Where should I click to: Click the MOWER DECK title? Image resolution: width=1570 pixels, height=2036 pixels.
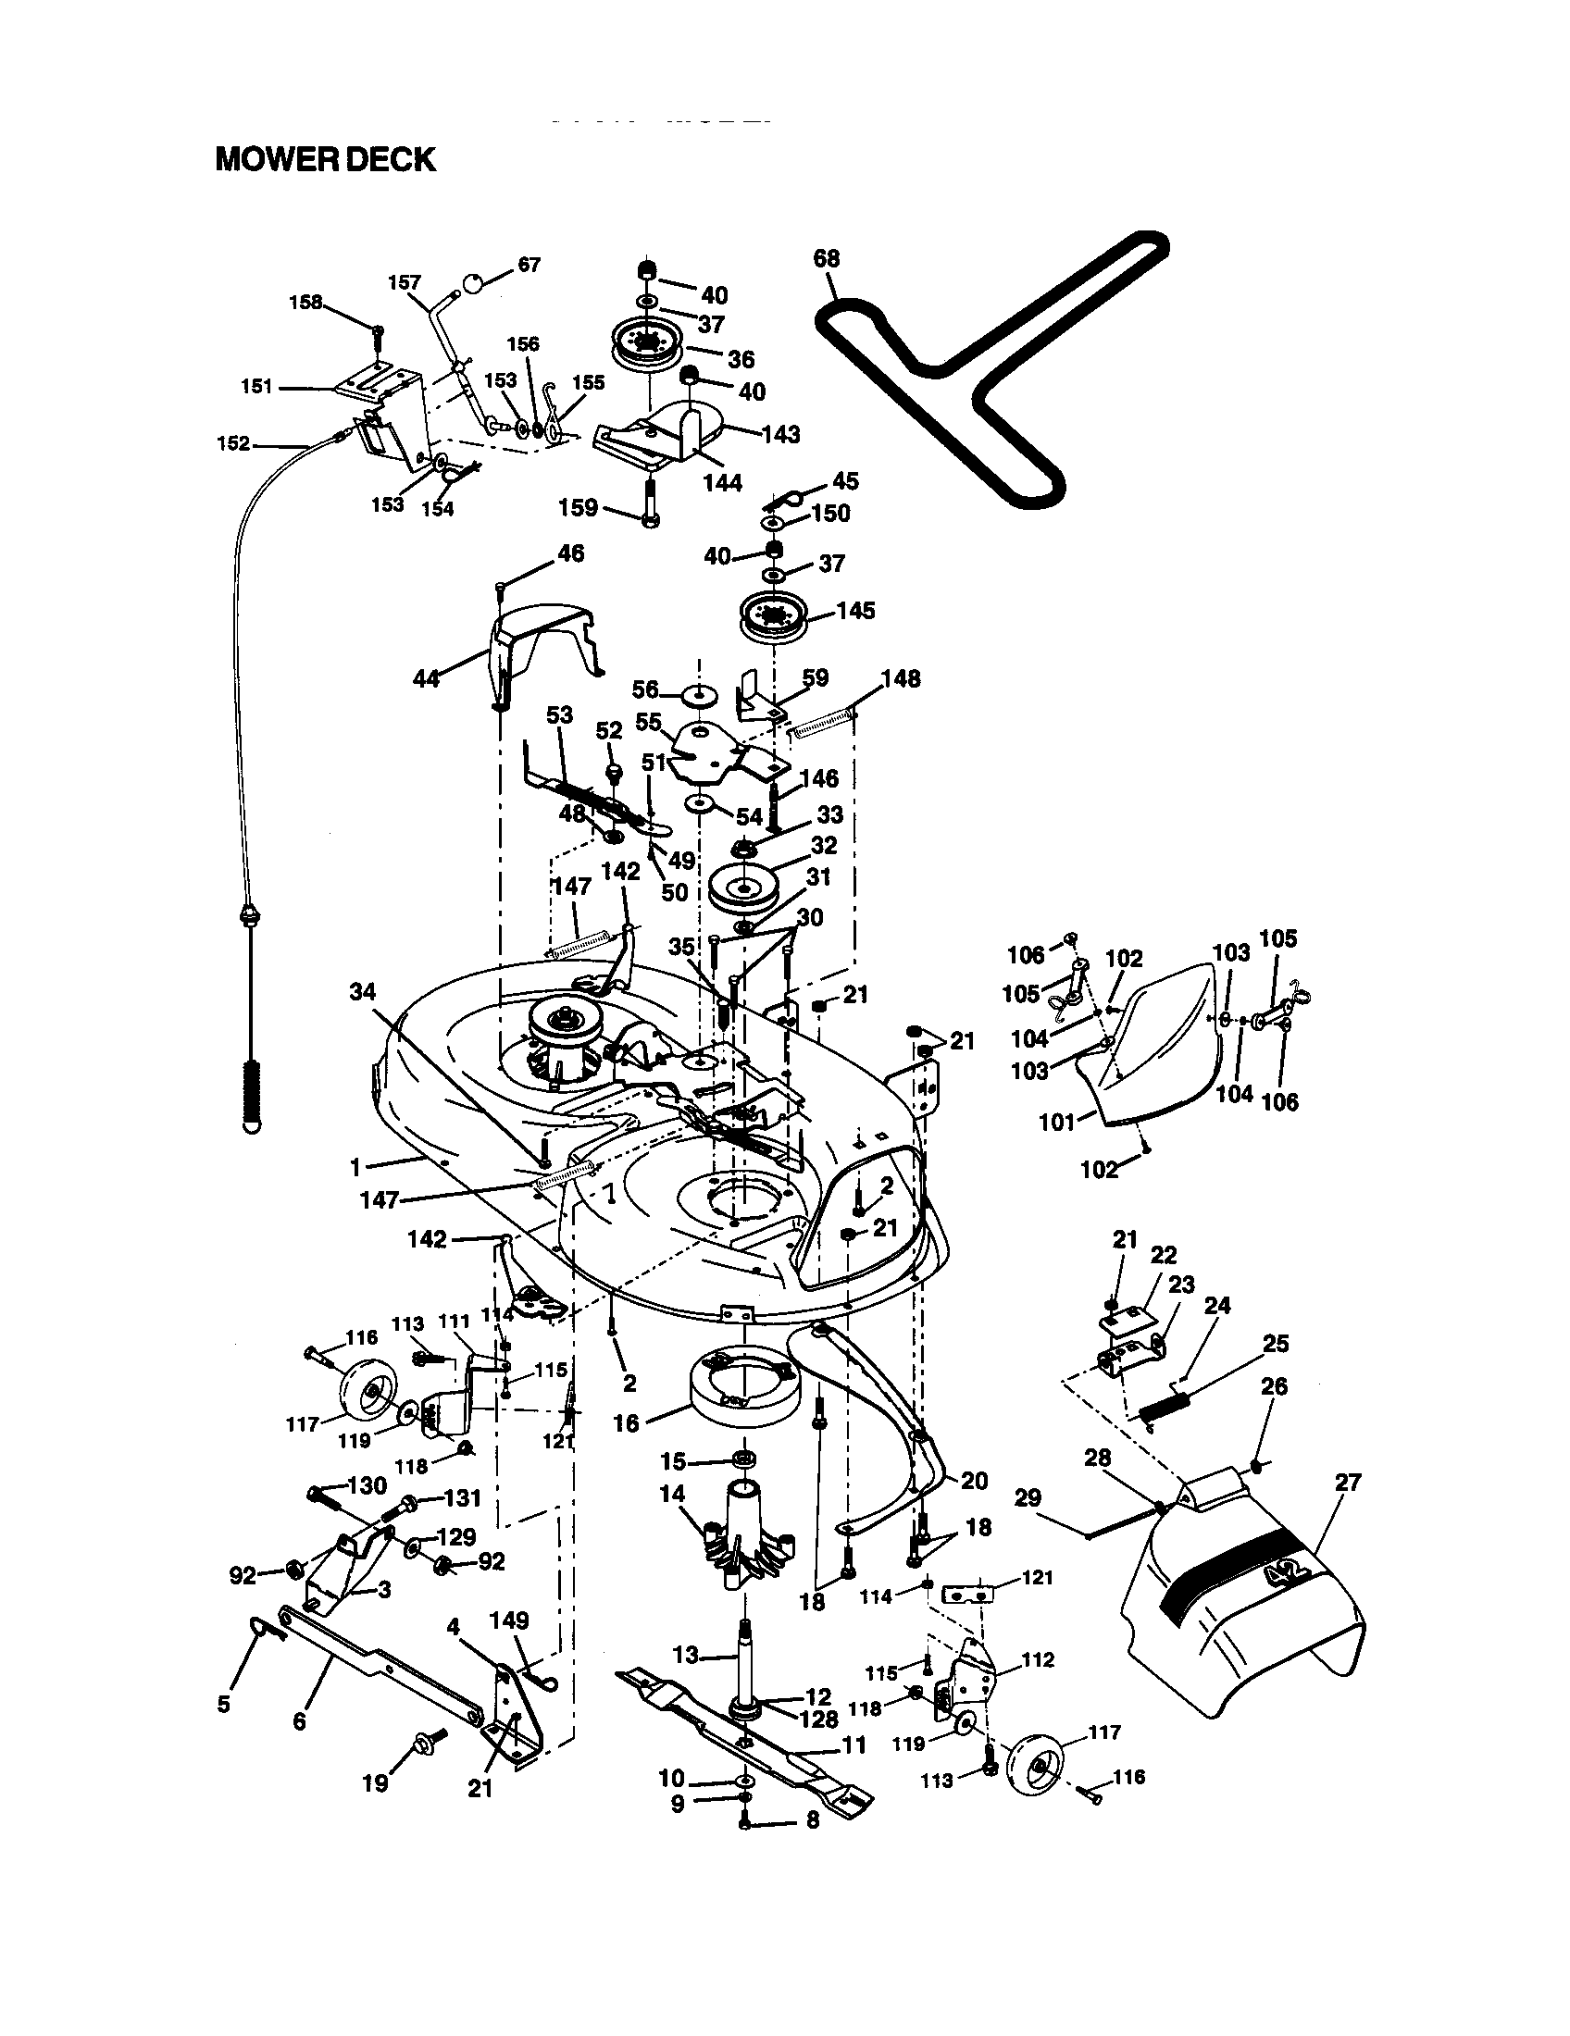click(x=324, y=159)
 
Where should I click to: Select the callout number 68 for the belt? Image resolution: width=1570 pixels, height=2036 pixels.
click(x=826, y=258)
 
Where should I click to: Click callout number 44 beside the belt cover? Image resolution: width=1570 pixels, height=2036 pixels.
click(x=426, y=678)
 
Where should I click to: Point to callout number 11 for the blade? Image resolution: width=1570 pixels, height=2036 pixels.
click(x=854, y=1744)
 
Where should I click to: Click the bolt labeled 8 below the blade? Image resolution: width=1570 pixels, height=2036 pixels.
click(x=744, y=1819)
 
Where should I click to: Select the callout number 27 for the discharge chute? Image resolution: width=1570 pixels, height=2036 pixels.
click(x=1348, y=1483)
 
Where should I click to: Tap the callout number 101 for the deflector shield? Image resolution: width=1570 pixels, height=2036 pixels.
click(x=1056, y=1122)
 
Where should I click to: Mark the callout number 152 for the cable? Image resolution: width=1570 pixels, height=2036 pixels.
click(x=233, y=443)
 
